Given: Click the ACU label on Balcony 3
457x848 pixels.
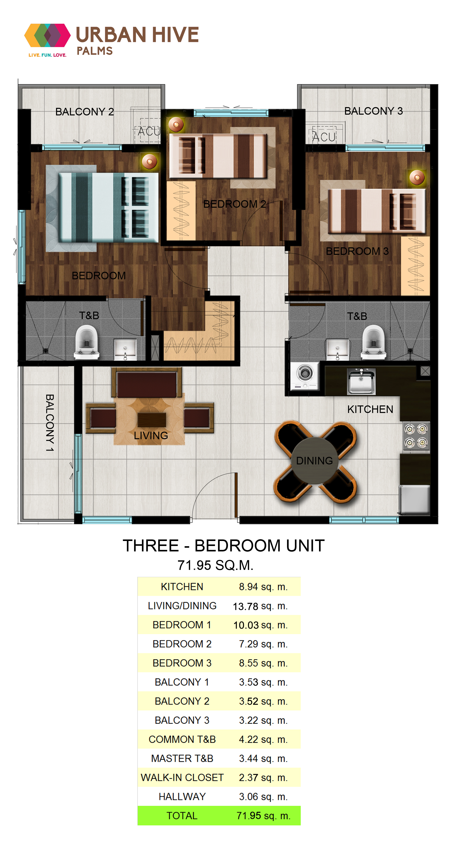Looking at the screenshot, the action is tap(324, 137).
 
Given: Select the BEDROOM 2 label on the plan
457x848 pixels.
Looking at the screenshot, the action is tap(234, 204).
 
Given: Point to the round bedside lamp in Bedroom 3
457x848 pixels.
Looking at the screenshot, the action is tap(417, 178).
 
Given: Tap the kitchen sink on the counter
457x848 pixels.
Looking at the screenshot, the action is tap(361, 381).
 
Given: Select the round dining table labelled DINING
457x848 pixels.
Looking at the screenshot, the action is tap(315, 461).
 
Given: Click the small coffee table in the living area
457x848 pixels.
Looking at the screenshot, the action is tap(151, 419).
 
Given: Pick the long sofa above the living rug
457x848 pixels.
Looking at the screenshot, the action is tap(147, 382).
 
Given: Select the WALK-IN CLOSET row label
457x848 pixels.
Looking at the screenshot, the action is tap(182, 778).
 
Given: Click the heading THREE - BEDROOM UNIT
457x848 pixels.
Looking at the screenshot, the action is tap(224, 546).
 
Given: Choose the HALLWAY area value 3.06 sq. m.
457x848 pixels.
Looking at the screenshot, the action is tap(263, 797).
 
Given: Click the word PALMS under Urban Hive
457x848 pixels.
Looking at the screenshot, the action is tap(95, 51).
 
